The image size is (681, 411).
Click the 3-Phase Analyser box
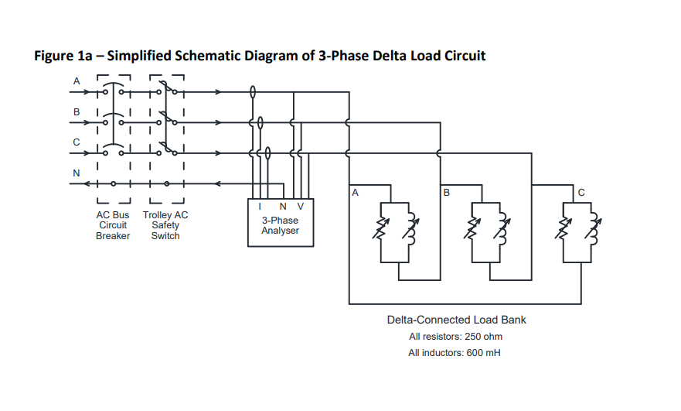coord(281,223)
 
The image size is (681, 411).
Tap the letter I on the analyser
coord(260,207)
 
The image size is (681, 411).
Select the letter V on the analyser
coord(300,207)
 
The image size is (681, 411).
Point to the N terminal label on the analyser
coord(283,207)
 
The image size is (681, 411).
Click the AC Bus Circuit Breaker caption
coord(113,225)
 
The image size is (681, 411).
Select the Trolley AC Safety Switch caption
coord(165,225)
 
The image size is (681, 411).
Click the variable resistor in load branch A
coord(381,228)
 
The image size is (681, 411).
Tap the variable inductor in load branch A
coord(411,228)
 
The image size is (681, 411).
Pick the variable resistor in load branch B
coord(472,228)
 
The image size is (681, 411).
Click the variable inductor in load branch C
coord(594,228)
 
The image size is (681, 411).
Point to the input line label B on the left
coord(77,111)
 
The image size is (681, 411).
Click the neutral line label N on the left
coord(77,173)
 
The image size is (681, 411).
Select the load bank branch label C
coord(581,192)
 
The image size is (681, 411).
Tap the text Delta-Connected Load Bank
coord(457,320)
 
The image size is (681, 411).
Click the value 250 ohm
coord(483,337)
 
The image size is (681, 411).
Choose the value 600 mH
coord(483,353)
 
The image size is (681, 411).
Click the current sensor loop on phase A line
coord(253,92)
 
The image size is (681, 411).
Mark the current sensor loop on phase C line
coord(267,153)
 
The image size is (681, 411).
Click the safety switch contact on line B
coord(167,118)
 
